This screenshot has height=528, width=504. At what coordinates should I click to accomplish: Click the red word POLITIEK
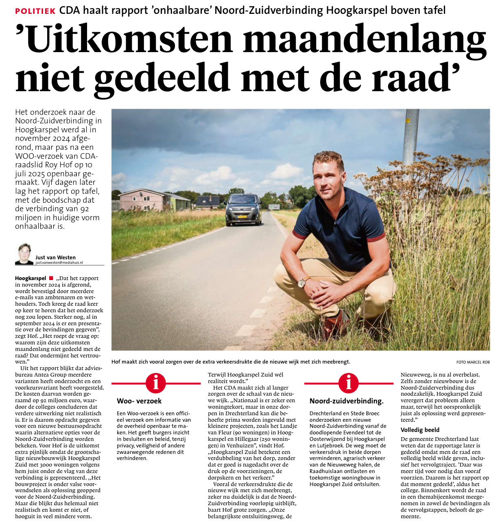pyautogui.click(x=35, y=11)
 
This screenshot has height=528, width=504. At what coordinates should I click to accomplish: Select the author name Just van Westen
pyautogui.click(x=55, y=257)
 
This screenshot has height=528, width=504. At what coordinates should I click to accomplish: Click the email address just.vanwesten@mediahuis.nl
pyautogui.click(x=59, y=263)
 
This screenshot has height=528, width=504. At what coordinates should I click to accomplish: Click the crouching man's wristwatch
pyautogui.click(x=303, y=282)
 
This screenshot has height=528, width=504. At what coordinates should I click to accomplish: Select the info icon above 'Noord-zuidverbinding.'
pyautogui.click(x=349, y=383)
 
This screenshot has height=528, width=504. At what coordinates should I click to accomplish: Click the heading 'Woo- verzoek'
pyautogui.click(x=139, y=401)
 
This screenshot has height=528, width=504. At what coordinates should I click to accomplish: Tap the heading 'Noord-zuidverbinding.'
pyautogui.click(x=346, y=401)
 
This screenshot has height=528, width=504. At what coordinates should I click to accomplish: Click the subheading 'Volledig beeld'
pyautogui.click(x=420, y=430)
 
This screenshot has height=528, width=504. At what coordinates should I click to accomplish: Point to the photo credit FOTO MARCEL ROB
pyautogui.click(x=473, y=362)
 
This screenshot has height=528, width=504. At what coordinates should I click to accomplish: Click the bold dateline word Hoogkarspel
pyautogui.click(x=31, y=278)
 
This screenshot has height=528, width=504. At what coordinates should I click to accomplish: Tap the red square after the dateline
pyautogui.click(x=51, y=278)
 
